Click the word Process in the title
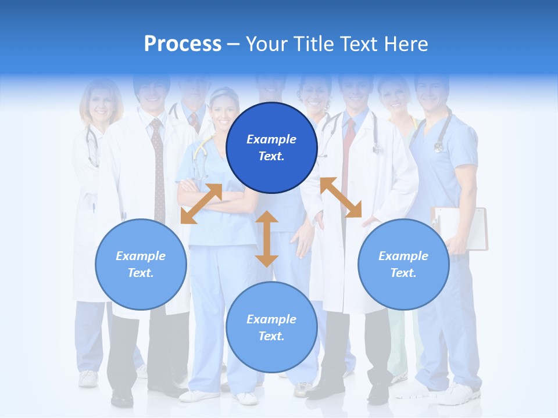[183, 44]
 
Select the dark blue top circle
[271, 147]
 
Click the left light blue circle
[141, 264]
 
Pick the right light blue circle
[403, 264]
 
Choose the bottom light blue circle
[271, 327]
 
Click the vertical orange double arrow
[267, 239]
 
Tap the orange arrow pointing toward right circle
[341, 197]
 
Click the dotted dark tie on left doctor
[158, 168]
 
